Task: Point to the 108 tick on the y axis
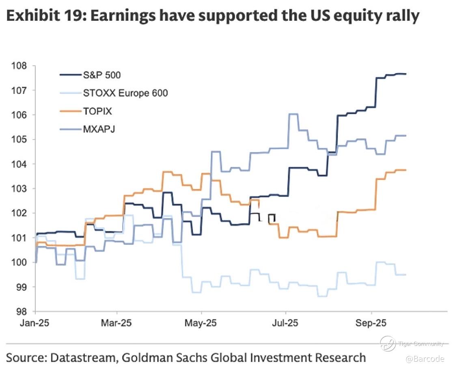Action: pos(20,66)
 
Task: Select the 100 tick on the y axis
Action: pos(20,263)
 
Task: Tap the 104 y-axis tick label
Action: pos(20,164)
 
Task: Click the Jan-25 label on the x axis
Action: pos(35,324)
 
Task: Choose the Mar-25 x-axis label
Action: pos(117,324)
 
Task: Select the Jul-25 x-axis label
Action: pos(286,324)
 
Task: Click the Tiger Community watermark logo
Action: pos(388,344)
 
